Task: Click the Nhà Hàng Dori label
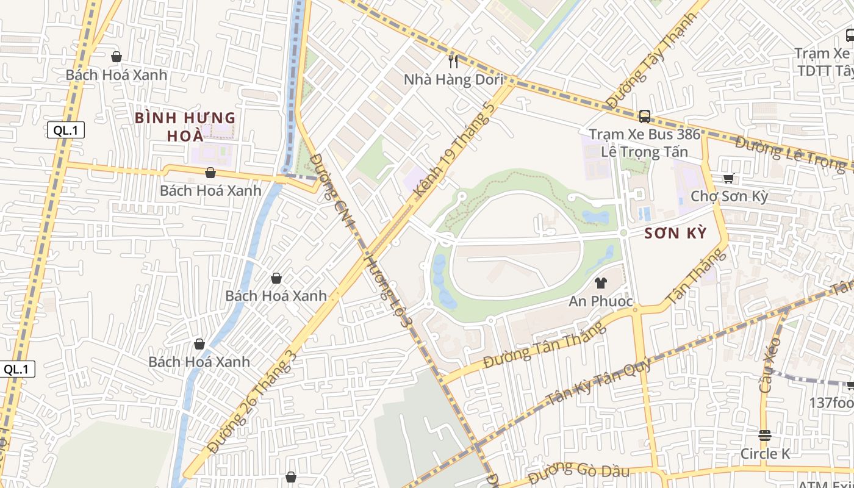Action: [x=454, y=80]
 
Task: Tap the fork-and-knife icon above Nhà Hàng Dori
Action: [x=453, y=61]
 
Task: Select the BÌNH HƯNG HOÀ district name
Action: [x=185, y=126]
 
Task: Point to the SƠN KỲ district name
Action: [x=675, y=233]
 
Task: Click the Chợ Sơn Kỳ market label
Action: [x=729, y=196]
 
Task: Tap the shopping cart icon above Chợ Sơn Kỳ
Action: [x=728, y=178]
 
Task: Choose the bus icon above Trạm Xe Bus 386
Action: [x=644, y=116]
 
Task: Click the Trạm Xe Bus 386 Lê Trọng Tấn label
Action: [x=644, y=143]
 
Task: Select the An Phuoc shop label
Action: [x=601, y=301]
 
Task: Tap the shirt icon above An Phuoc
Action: [x=601, y=282]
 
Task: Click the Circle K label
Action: [x=765, y=453]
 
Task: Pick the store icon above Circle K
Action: [x=765, y=435]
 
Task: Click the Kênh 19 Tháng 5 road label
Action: [x=454, y=149]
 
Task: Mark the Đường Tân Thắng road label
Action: [x=545, y=345]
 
